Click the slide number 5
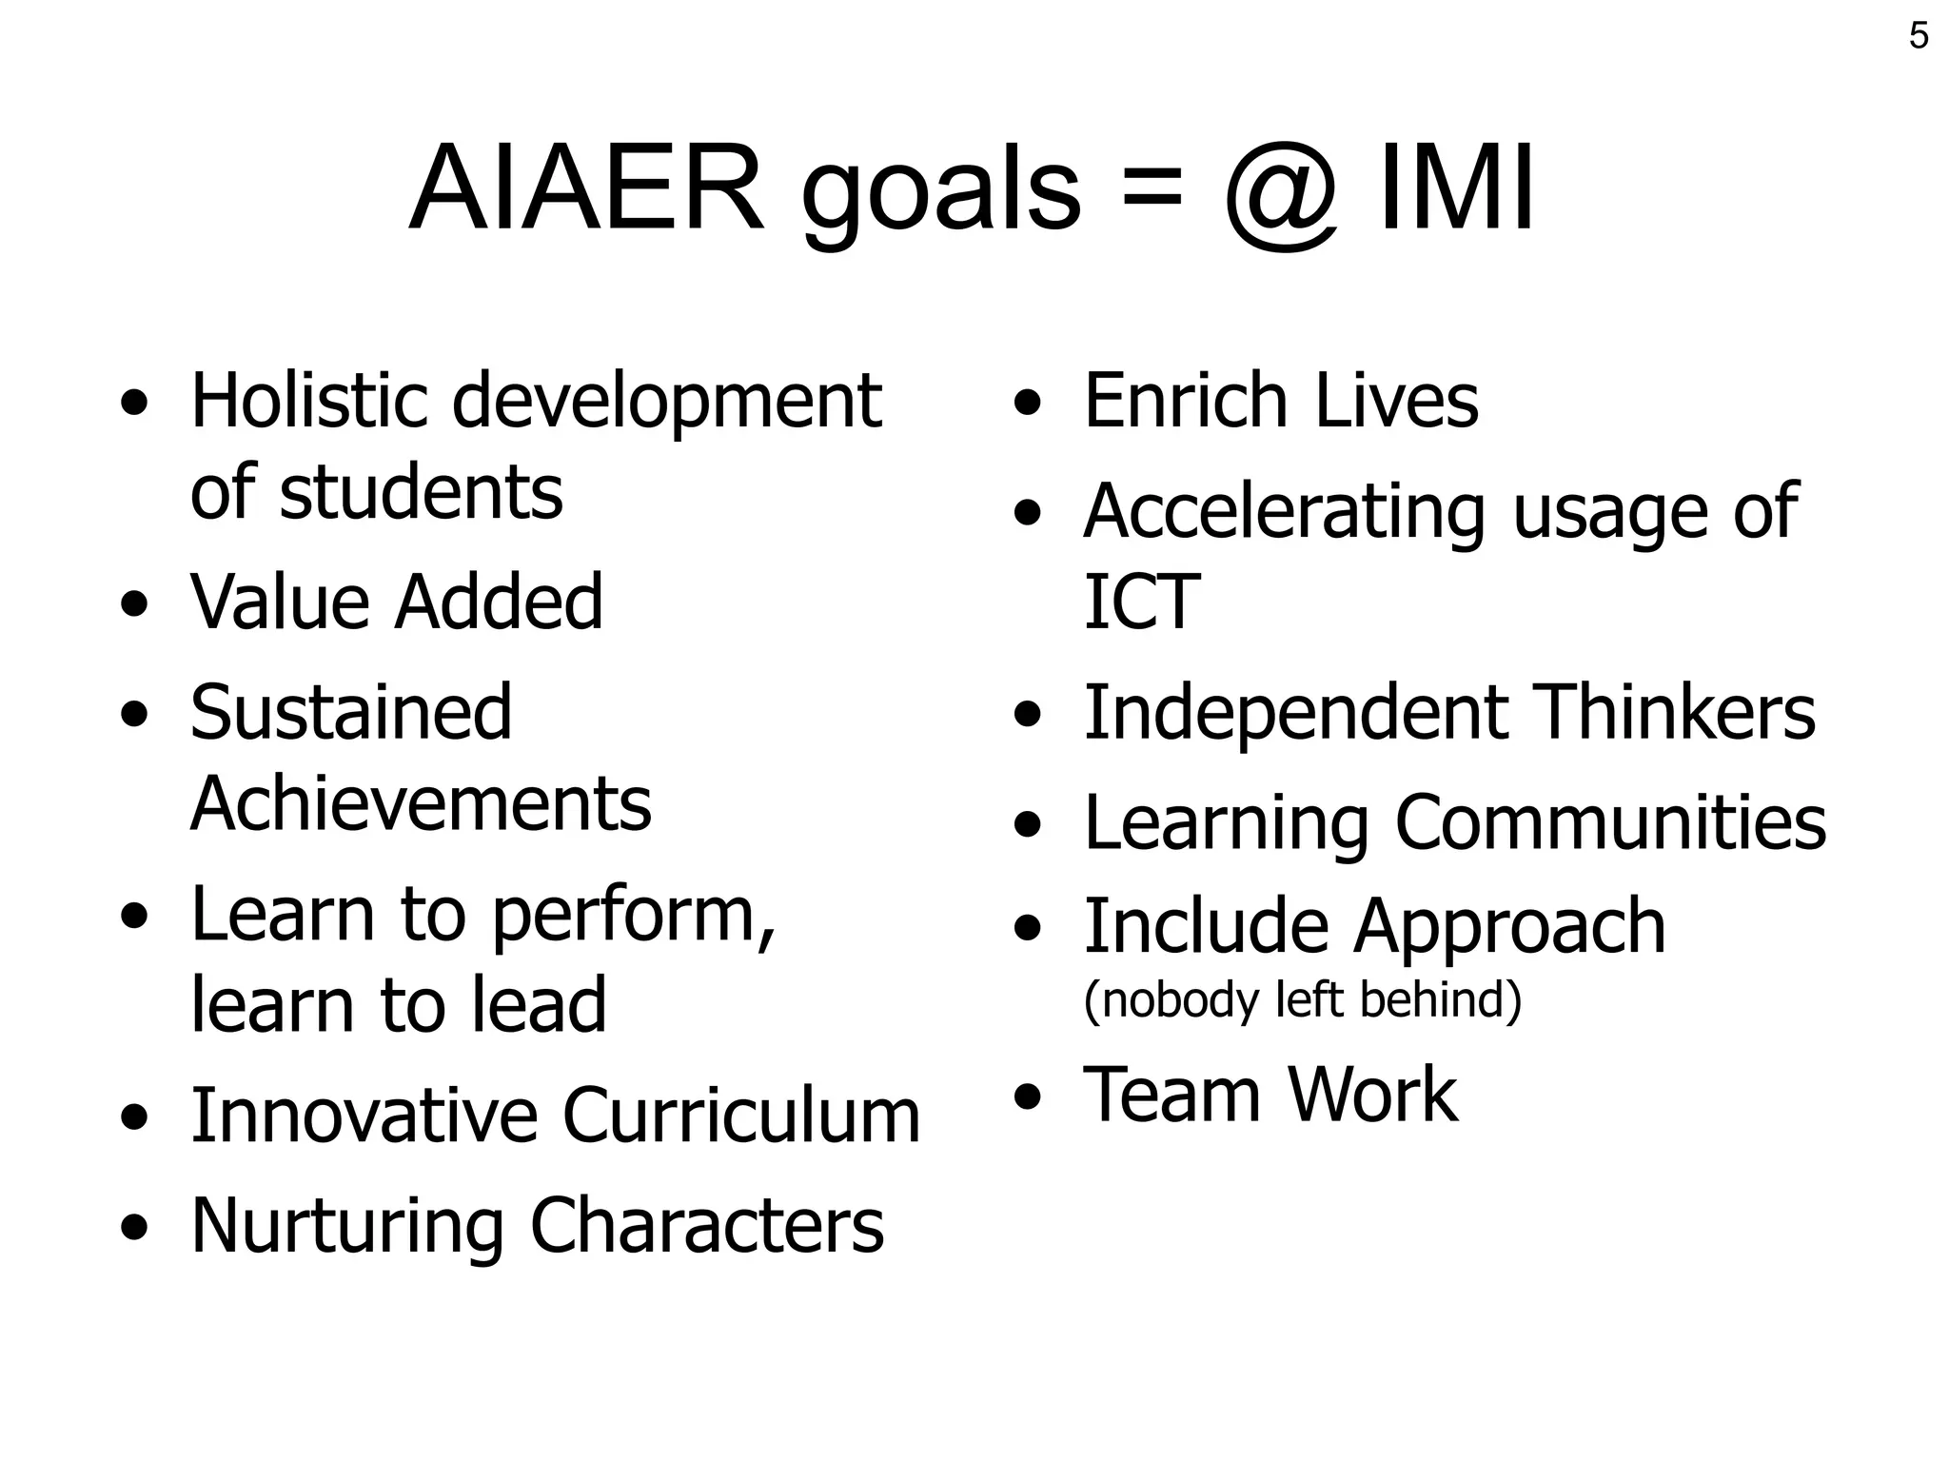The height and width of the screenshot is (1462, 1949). tap(1919, 36)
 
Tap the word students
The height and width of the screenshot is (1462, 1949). tap(420, 492)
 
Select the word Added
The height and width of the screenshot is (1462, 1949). tap(499, 602)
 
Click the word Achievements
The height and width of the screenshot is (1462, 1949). tap(421, 803)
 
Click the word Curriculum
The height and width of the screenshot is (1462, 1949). tap(741, 1116)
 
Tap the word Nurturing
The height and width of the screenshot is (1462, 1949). tap(346, 1226)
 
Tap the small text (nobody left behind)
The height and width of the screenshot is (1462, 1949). tap(1302, 999)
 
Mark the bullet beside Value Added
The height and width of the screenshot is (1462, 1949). tap(134, 605)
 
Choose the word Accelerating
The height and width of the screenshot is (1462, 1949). tap(1284, 512)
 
